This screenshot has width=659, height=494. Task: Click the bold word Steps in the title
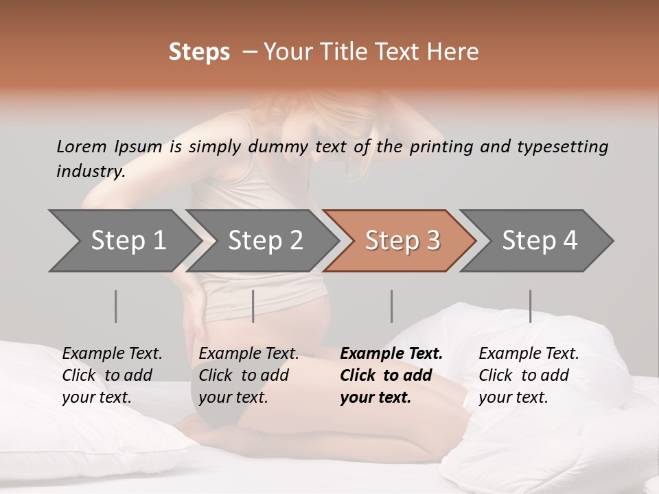coord(199,52)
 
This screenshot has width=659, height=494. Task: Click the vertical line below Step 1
coord(116,306)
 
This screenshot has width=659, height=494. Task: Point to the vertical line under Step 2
coord(253,306)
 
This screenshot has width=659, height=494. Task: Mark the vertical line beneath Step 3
coord(392,306)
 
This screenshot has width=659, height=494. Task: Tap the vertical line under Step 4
coord(531,306)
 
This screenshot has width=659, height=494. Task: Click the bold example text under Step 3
coord(391,375)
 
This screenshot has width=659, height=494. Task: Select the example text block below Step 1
coord(112,375)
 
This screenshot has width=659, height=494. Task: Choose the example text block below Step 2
coord(248,375)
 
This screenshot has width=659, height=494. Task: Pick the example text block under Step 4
coord(529,375)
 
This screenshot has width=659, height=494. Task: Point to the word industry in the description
coord(91,171)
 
